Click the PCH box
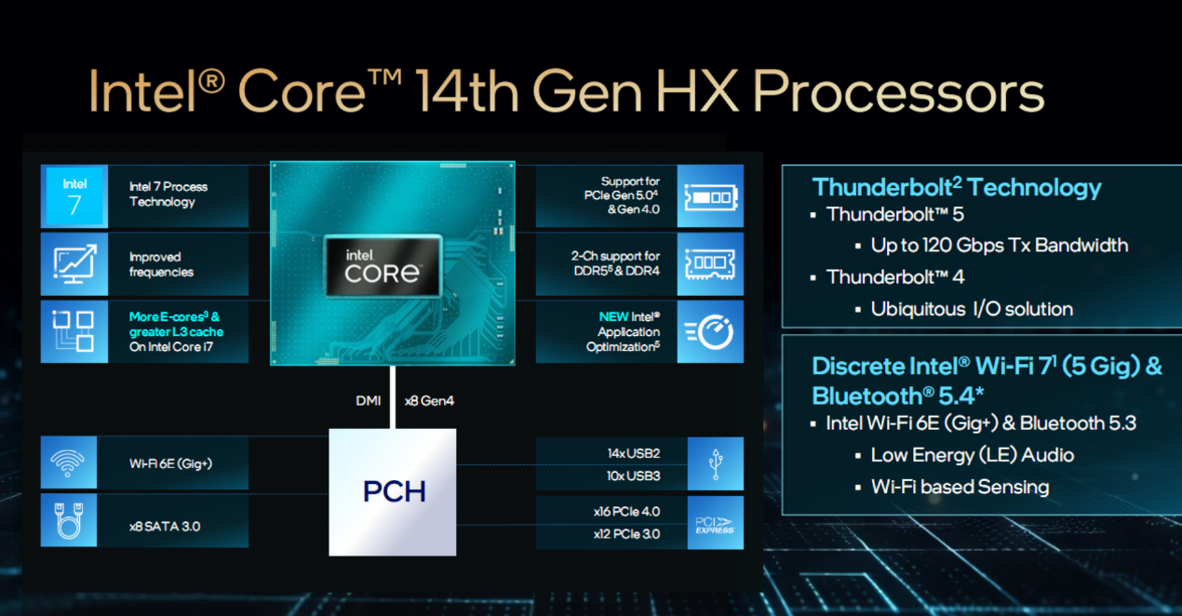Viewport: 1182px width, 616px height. [x=393, y=491]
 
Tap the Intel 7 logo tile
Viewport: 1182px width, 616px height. [x=74, y=196]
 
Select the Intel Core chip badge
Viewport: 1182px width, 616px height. [x=383, y=266]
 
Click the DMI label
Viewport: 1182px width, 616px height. [x=369, y=401]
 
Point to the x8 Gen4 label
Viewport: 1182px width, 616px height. [x=429, y=401]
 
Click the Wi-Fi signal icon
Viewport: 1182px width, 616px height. [x=68, y=462]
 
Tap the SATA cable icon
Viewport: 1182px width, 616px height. [x=69, y=520]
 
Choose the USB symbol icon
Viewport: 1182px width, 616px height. [x=716, y=464]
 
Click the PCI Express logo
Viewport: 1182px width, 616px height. [x=715, y=525]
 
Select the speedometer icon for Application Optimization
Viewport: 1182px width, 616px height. [x=710, y=332]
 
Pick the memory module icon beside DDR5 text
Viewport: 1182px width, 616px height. [x=710, y=264]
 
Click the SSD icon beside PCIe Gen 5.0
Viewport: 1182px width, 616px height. [x=711, y=197]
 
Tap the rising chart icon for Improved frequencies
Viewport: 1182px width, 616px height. [x=74, y=263]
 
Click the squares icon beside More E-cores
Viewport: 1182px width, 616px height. [x=73, y=330]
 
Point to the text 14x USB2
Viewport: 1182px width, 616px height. [x=634, y=453]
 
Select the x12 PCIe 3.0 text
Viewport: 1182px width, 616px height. [x=627, y=534]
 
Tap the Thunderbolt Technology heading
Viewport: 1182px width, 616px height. [x=957, y=187]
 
